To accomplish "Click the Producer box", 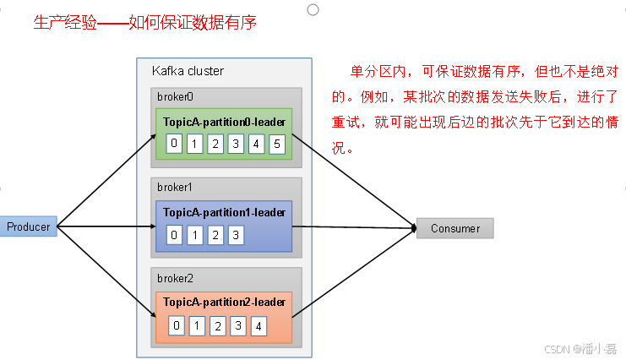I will click(28, 226).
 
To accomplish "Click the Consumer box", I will click(455, 228).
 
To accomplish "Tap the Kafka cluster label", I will click(188, 70).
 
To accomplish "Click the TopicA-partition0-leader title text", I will click(224, 122).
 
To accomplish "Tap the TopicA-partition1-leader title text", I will click(224, 212).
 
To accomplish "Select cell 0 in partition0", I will click(174, 143).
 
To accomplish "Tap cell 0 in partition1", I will click(174, 235).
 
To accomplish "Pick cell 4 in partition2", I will click(259, 325).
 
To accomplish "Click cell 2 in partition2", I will click(217, 325).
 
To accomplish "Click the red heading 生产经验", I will click(63, 23).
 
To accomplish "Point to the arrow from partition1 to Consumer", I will click(355, 227).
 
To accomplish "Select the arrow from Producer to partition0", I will click(106, 177).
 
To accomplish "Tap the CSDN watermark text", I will click(580, 349).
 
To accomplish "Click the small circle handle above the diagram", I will click(313, 9).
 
